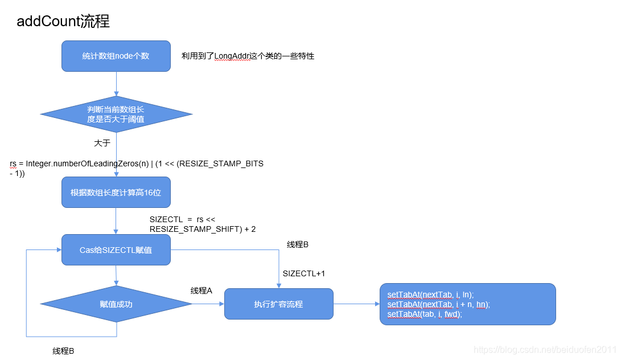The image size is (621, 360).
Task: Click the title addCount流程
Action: point(63,22)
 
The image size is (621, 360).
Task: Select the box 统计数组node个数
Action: point(116,56)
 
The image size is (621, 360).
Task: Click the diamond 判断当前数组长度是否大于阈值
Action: point(116,114)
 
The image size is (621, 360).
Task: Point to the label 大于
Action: point(102,143)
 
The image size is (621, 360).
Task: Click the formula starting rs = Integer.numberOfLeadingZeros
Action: point(137,164)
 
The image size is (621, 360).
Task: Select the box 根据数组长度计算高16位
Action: point(116,193)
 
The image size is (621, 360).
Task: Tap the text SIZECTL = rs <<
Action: point(182,219)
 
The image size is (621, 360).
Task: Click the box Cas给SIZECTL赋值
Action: point(116,249)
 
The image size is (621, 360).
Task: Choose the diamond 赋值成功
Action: point(116,304)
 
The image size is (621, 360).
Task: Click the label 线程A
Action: point(201,291)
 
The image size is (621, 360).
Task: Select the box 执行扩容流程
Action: point(278,304)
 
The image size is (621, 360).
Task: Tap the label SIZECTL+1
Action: point(304,273)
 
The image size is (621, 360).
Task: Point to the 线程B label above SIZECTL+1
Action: point(297,244)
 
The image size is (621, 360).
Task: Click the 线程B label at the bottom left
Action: point(63,351)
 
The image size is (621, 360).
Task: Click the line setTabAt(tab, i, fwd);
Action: point(425,314)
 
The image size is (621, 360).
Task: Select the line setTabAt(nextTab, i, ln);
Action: point(430,294)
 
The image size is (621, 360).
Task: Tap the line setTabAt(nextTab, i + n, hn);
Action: point(438,304)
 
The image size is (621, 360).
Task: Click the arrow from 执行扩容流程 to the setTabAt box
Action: point(356,304)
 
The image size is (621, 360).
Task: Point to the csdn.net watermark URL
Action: point(545,349)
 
